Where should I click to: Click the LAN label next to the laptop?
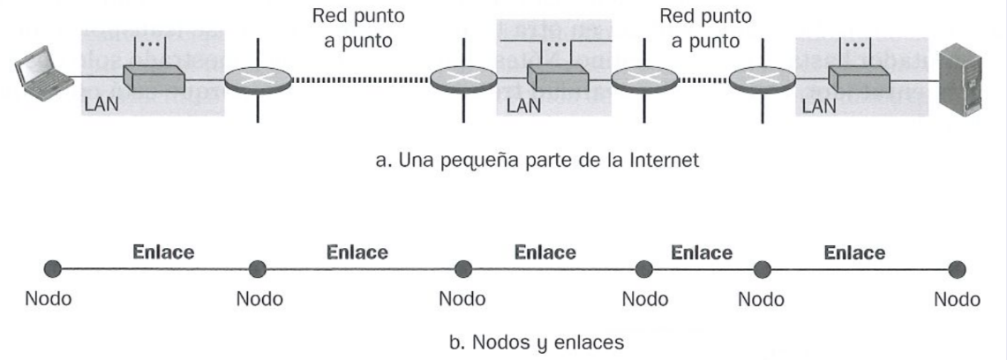(101, 104)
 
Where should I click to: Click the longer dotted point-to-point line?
(360, 80)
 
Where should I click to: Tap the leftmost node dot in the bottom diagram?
(53, 269)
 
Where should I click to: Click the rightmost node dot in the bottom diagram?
(957, 269)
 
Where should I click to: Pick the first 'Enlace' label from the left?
(163, 252)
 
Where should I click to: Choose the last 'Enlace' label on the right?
(854, 253)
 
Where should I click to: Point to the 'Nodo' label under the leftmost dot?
(49, 299)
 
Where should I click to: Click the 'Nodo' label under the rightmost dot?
(957, 299)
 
